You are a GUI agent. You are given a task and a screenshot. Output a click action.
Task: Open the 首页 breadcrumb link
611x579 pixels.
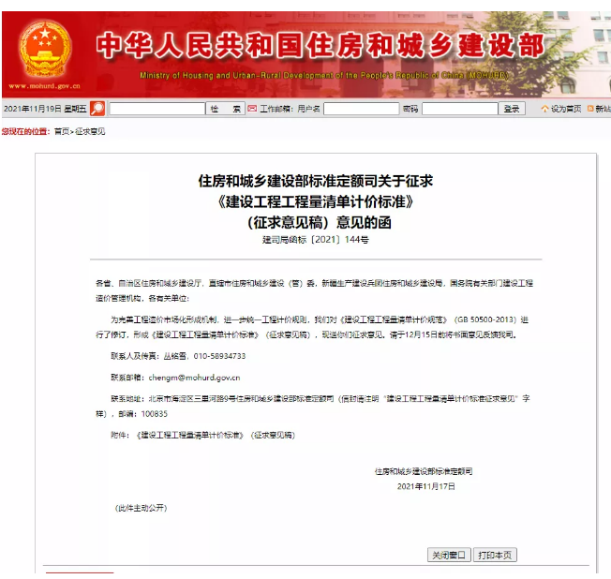[62, 131]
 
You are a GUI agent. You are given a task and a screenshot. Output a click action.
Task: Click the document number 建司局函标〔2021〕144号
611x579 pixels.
[316, 240]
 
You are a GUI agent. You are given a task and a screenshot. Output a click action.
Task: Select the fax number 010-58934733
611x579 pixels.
[213, 356]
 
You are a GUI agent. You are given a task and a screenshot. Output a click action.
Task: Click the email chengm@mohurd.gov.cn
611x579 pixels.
[194, 378]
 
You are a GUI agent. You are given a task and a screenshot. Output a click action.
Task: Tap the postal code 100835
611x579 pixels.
[155, 413]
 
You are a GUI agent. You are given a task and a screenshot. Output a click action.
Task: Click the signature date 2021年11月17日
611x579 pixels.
[426, 486]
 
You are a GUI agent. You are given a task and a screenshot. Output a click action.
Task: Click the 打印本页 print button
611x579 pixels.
[494, 555]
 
